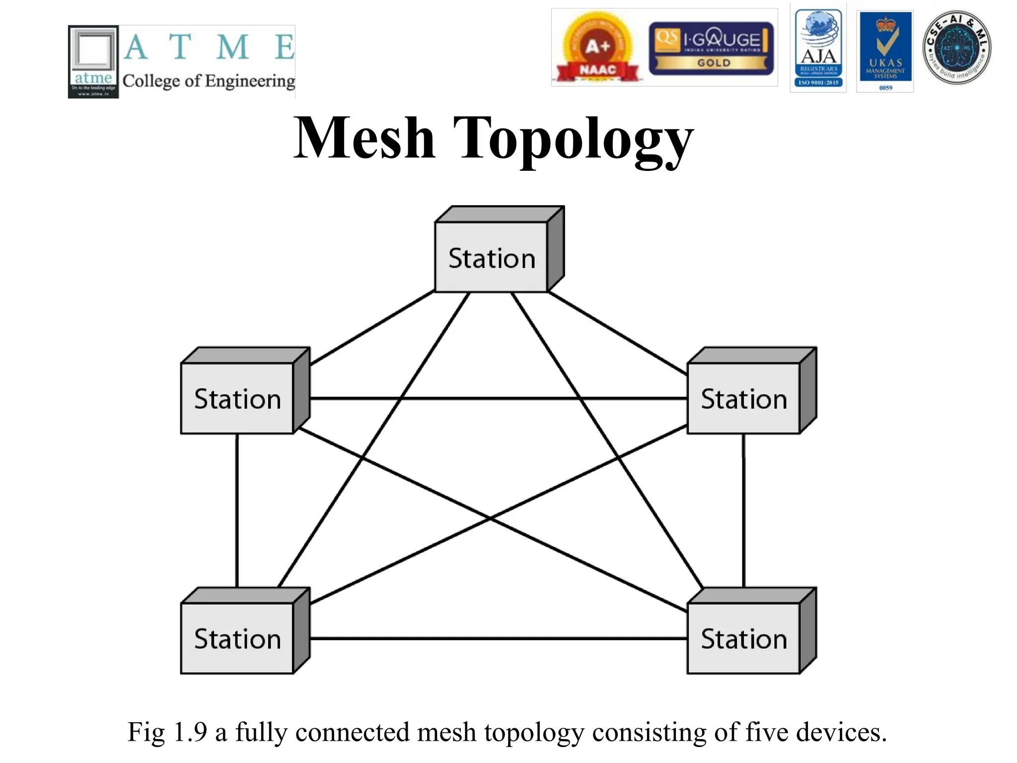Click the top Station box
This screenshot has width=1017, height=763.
491,257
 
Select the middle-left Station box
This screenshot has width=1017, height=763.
237,398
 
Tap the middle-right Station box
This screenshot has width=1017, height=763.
743,398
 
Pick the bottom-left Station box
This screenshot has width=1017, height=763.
237,638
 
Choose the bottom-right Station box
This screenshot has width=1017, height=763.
743,638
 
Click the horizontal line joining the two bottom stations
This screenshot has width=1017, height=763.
497,638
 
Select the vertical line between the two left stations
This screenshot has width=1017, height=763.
237,512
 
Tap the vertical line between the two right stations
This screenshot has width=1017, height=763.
743,512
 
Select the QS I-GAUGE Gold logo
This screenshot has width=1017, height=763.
711,48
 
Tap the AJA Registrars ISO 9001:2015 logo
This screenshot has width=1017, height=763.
818,49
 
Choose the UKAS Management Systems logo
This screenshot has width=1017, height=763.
885,51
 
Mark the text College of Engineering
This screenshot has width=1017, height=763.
209,80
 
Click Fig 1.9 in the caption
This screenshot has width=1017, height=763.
167,732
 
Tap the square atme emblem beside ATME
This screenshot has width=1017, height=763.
93,62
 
